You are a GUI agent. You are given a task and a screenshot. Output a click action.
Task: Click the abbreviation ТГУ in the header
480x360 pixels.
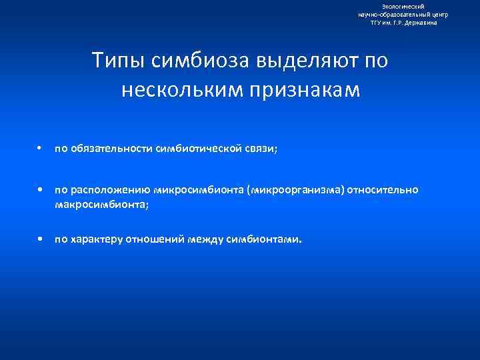[x=377, y=22]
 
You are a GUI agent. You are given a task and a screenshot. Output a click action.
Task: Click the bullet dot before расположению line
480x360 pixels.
[x=41, y=190]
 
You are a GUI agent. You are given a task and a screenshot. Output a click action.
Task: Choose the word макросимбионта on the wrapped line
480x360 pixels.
[x=100, y=204]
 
